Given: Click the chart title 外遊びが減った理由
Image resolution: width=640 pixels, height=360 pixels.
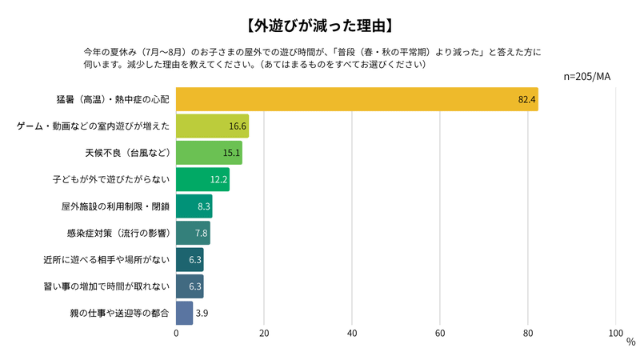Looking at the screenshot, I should (320, 24).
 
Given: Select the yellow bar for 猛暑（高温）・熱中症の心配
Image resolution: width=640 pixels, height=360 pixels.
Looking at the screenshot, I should (356, 99).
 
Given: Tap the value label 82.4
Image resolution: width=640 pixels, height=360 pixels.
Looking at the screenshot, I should (526, 99).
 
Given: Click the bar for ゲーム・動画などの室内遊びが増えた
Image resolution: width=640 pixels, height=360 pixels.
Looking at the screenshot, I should (212, 126).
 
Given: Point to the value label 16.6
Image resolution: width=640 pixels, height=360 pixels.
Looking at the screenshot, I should (237, 126).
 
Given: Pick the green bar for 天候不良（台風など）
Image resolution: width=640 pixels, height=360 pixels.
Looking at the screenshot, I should (209, 152).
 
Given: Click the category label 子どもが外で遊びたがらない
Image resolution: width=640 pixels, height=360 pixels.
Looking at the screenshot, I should (117, 179).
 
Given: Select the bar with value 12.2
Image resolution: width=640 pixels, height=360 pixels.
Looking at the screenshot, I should (202, 179).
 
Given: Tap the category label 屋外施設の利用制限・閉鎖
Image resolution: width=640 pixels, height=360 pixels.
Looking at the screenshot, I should (115, 206).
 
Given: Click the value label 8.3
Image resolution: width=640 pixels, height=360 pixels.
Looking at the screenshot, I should (203, 206).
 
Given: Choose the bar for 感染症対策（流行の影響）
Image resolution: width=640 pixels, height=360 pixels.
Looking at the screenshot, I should (193, 233).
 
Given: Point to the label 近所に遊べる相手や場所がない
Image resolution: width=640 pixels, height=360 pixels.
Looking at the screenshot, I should (106, 260).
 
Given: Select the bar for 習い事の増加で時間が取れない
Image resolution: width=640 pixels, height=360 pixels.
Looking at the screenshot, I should (190, 286).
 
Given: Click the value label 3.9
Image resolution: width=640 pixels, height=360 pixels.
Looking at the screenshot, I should (202, 313).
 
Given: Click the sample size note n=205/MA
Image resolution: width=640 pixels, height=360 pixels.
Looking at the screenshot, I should (588, 76).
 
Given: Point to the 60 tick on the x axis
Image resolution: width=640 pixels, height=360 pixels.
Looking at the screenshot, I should (440, 333).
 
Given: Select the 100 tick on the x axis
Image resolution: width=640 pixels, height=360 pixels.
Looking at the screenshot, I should (616, 333).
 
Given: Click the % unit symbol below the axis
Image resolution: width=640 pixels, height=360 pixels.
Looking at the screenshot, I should (630, 342).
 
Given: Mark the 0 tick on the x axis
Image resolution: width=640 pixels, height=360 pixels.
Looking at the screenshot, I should (176, 333).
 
